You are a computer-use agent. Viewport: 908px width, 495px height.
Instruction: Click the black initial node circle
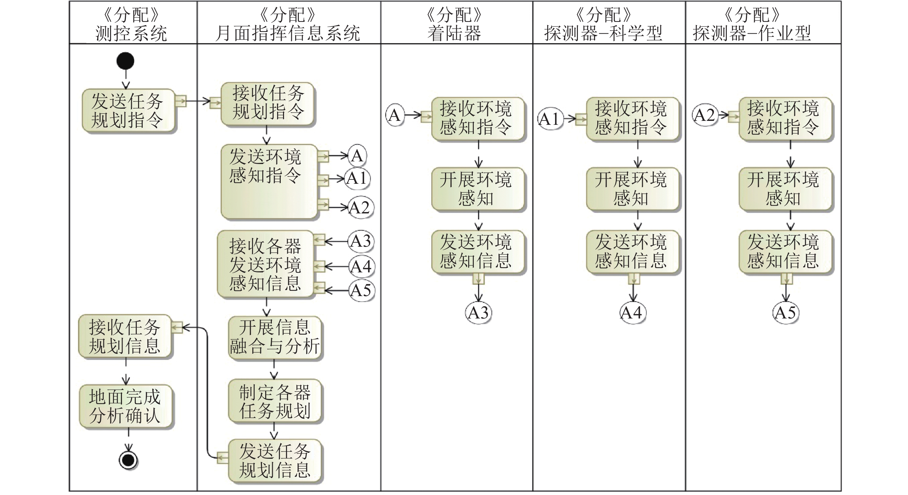coord(126,61)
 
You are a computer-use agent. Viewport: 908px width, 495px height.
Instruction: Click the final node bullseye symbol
coord(128,460)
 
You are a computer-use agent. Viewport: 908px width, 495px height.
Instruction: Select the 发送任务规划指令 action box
coord(128,110)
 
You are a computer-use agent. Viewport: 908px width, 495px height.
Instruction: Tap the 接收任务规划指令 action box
coord(267,104)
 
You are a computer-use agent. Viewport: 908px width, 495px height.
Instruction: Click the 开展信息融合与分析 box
coord(274,337)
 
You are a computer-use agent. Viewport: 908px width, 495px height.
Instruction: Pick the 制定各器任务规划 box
coord(274,401)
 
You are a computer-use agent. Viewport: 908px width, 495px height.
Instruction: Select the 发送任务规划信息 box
coord(274,460)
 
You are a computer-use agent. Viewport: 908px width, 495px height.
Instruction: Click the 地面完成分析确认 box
coord(125,406)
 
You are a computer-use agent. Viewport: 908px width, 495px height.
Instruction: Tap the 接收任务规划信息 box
coord(125,336)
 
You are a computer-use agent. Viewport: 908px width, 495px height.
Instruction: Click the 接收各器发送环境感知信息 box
coord(265,264)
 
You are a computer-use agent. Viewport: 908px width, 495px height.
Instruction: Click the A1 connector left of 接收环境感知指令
coord(550,119)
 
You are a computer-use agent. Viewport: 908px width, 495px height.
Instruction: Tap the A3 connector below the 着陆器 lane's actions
coord(478,313)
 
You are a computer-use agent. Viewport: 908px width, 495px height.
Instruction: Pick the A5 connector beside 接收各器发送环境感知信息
coord(362,290)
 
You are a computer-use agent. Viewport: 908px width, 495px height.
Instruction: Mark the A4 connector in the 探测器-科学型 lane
coord(632,313)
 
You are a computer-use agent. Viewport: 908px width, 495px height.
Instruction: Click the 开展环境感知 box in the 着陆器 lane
coord(478,189)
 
